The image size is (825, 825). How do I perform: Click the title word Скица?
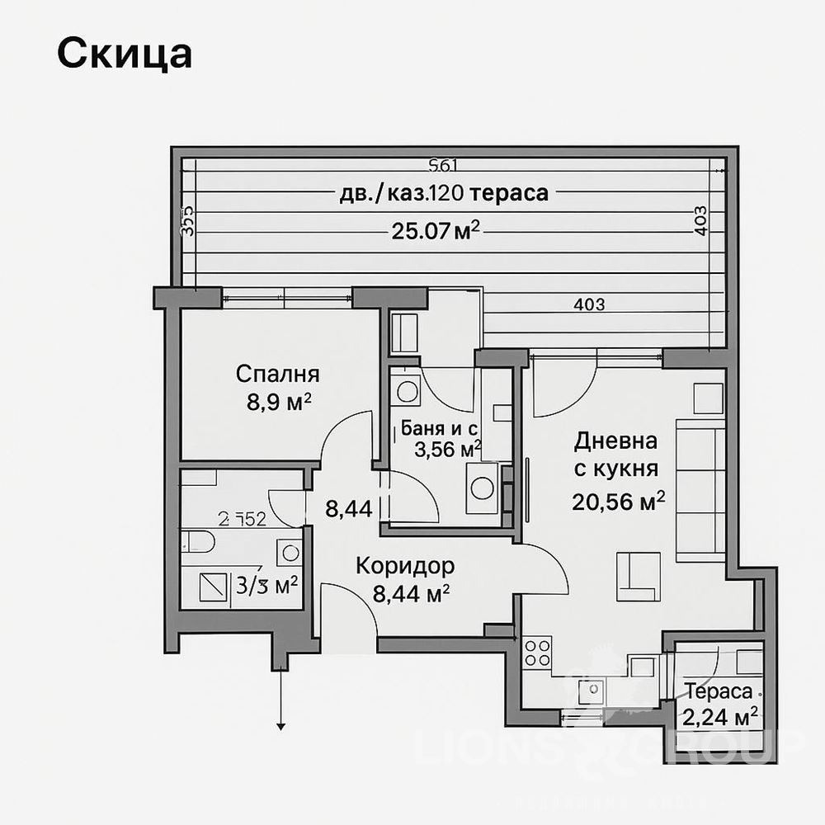click(x=125, y=54)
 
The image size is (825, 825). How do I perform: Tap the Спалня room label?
click(x=277, y=375)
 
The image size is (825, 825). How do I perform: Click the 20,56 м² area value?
click(x=618, y=502)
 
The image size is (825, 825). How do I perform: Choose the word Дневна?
click(x=616, y=441)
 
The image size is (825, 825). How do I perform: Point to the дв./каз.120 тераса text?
click(x=444, y=194)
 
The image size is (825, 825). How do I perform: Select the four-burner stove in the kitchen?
click(x=539, y=652)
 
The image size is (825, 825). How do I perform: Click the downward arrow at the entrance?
click(x=281, y=724)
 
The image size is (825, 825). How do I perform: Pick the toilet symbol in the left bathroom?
click(x=197, y=542)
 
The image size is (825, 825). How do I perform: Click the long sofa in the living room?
click(x=700, y=490)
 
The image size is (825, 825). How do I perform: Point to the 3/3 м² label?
click(x=266, y=586)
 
